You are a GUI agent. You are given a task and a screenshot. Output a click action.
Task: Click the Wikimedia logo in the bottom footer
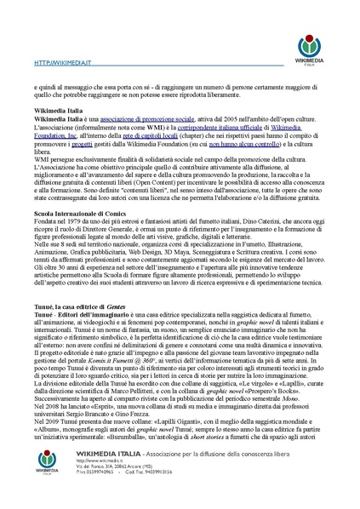tap(50, 481)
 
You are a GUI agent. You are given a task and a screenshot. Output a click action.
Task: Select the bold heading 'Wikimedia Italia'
tap(59, 111)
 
